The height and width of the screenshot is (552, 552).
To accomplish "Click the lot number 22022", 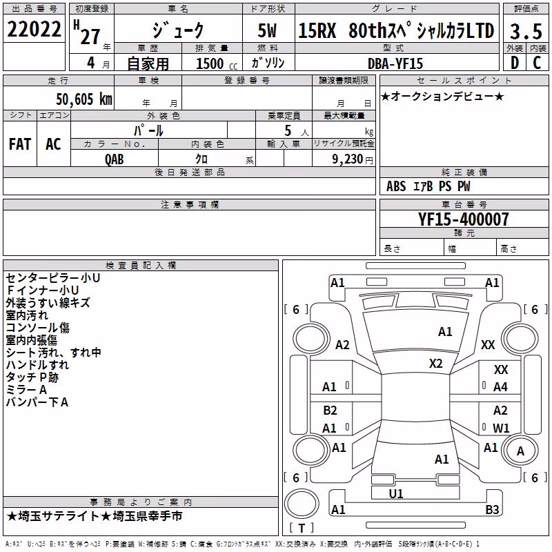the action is coord(34,29).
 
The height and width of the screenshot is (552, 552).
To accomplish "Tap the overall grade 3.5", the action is coord(526,31).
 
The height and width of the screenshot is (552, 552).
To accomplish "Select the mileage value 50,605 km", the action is coord(84,99).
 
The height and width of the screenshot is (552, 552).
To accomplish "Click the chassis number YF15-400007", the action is coord(464,219).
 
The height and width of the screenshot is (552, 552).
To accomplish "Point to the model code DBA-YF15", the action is coord(395,63).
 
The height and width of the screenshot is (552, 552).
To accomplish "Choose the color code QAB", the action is coord(114,159).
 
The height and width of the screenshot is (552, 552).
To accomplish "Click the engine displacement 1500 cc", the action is coord(217,63).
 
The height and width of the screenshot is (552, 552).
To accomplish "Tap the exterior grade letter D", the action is coord(515,63).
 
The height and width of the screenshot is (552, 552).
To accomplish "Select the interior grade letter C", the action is coord(537,63).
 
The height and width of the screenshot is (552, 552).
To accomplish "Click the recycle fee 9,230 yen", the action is coord(353,159).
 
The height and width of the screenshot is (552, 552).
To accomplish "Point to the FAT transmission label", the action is coord(20,144).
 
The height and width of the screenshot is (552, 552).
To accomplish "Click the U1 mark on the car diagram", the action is coord(396,494).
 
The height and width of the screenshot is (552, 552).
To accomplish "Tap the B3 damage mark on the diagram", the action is coord(492,509).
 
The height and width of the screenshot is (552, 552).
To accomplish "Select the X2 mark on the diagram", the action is coord(436,364).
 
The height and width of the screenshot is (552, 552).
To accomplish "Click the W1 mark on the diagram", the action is coord(501,428).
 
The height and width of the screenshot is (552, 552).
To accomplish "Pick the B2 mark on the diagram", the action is coord(330,411).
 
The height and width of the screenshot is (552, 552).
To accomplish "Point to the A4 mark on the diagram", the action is coord(500,387).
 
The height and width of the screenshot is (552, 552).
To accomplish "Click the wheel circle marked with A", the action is coord(520,451).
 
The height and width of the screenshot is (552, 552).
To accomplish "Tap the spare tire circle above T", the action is coord(302,504).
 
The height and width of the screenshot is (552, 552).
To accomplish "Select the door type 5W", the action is coord(268,30).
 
